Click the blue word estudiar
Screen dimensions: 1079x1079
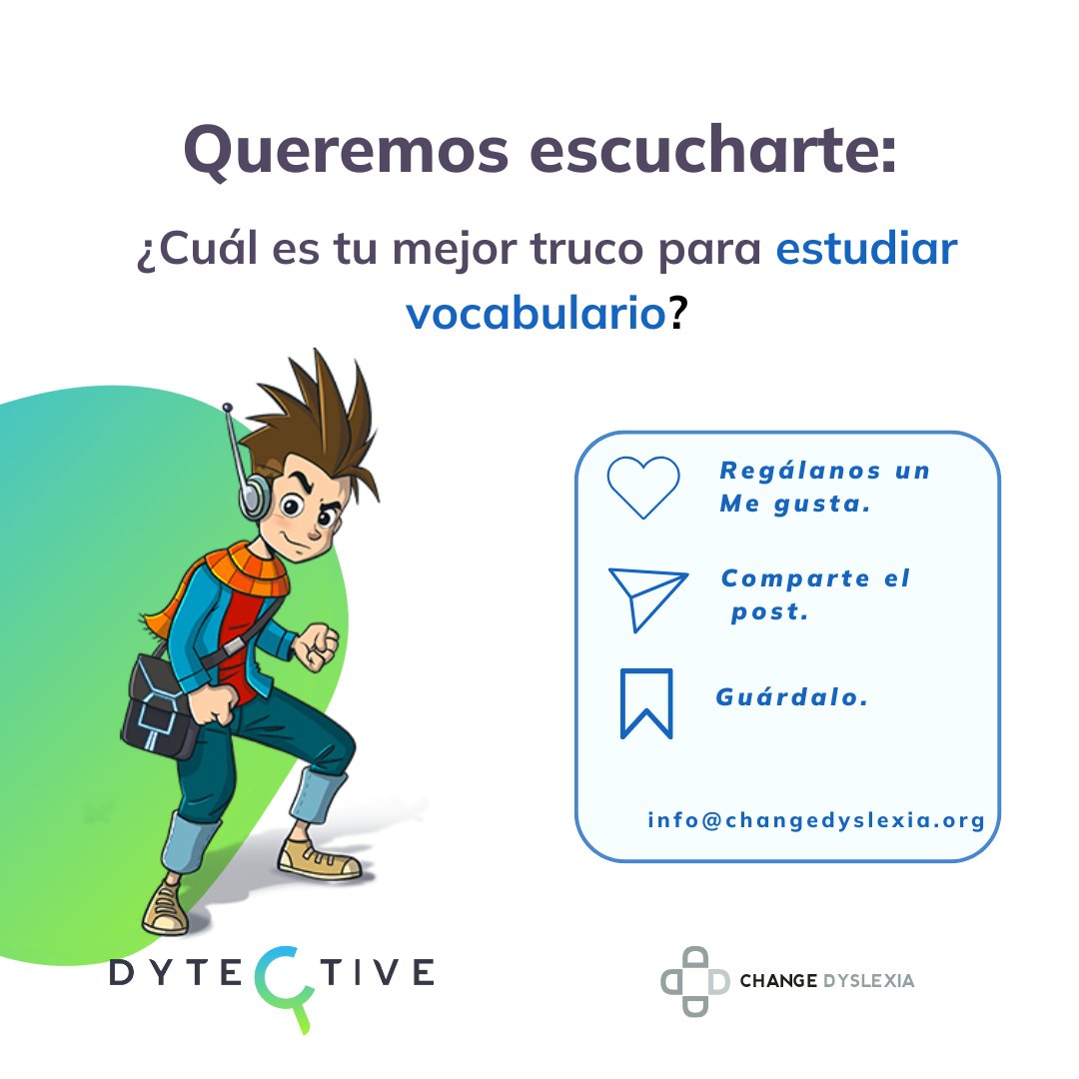point(866,250)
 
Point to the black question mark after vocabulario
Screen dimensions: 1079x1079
point(679,313)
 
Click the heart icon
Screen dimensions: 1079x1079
point(643,487)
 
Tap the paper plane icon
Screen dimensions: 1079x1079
point(646,597)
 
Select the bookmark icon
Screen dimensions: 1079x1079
point(645,703)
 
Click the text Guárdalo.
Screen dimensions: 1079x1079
point(792,697)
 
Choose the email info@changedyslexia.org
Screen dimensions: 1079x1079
point(816,820)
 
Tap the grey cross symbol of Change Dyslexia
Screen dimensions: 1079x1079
point(695,980)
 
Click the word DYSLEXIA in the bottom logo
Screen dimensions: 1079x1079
point(868,981)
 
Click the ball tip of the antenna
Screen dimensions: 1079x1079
point(228,408)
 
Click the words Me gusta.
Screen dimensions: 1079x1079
point(794,505)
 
